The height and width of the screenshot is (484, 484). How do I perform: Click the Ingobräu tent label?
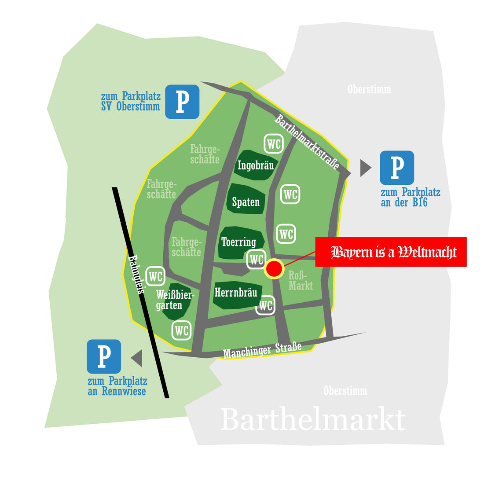point(256,165)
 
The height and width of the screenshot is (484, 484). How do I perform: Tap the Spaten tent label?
point(246,202)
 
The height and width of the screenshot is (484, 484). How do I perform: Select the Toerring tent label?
point(238,242)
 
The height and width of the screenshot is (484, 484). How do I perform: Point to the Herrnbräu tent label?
point(236,292)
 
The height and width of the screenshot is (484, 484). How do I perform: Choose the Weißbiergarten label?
point(174,300)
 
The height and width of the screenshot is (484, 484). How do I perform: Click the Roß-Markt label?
point(301,280)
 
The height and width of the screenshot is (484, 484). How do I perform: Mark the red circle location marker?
point(274,268)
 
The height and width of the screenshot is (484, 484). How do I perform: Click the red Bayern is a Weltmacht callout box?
point(391,252)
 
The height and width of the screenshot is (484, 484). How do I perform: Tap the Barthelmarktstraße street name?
point(308,142)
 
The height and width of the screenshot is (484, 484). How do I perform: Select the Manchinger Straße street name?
point(262,350)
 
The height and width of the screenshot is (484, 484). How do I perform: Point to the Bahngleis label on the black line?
point(137,276)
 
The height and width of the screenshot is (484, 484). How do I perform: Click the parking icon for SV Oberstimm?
point(182,102)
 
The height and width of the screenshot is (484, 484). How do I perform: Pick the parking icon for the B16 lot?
point(397,168)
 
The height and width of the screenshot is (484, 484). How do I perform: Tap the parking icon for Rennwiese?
point(104,356)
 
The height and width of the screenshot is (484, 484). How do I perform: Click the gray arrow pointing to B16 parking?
point(365,168)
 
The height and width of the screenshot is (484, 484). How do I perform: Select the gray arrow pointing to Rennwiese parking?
point(137,358)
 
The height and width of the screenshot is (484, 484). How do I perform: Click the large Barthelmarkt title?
point(312,420)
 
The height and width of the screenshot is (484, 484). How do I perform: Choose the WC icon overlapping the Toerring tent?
point(257,259)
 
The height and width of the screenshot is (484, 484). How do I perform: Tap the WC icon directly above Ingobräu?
point(274,144)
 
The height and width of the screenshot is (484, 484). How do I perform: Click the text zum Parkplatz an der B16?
point(410,197)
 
